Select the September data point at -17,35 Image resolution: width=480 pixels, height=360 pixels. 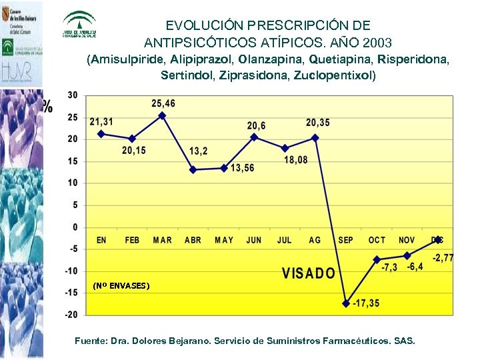pyautogui.click(x=345, y=303)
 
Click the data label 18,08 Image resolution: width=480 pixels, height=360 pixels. pyautogui.click(x=296, y=160)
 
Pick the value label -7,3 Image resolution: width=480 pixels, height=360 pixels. pyautogui.click(x=389, y=267)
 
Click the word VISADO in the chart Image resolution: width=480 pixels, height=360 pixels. pyautogui.click(x=308, y=273)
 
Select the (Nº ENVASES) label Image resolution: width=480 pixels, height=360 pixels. pyautogui.click(x=121, y=286)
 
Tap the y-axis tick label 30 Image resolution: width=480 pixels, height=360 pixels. pyautogui.click(x=72, y=95)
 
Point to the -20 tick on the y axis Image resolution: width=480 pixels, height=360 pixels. pyautogui.click(x=70, y=314)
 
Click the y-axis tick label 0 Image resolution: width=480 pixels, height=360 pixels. pyautogui.click(x=75, y=227)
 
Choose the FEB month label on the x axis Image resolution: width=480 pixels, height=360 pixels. pyautogui.click(x=132, y=240)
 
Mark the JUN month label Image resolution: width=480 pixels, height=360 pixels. pyautogui.click(x=254, y=240)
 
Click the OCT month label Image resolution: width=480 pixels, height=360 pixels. pyautogui.click(x=377, y=240)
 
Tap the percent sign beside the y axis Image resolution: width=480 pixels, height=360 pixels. pyautogui.click(x=47, y=106)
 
